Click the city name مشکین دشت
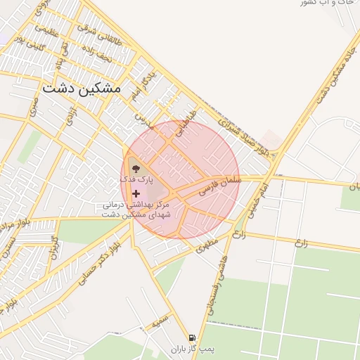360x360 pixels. tap(81, 89)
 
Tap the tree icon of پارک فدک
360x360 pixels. tap(134, 169)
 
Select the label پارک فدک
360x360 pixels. tap(136, 181)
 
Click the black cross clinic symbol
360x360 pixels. tap(136, 193)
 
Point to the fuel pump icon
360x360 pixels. tap(192, 338)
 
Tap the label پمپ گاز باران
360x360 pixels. tap(192, 349)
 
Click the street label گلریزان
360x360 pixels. tap(53, 247)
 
